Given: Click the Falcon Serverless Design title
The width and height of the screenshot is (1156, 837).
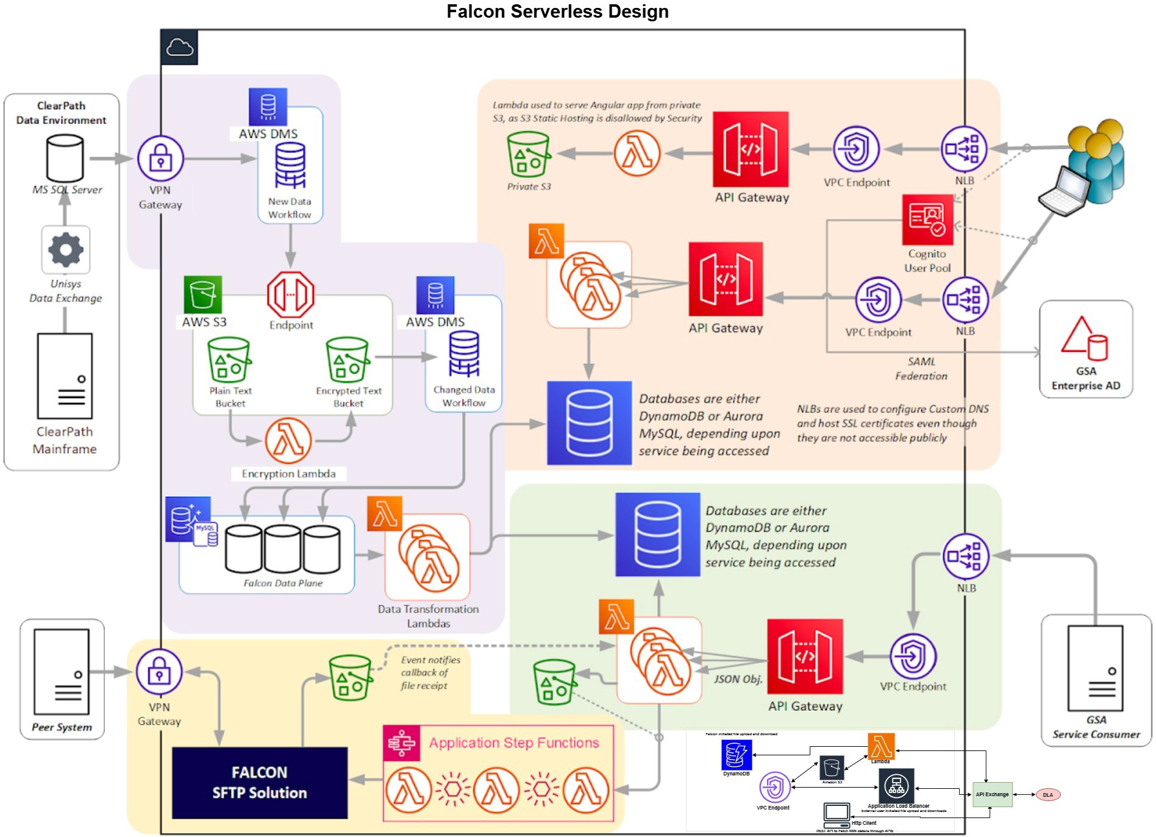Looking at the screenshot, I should [x=557, y=12].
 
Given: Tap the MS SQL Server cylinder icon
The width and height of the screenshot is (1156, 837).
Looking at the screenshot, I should [x=65, y=158].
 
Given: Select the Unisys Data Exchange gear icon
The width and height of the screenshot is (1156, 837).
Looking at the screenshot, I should [x=66, y=249].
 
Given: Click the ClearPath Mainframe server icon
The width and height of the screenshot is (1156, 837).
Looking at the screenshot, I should [x=65, y=376].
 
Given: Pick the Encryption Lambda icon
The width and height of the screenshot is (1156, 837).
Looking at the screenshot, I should [x=288, y=441].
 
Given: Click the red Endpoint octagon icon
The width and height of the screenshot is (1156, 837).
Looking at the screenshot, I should [x=290, y=294].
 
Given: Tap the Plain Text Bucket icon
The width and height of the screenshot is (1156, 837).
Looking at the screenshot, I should [x=229, y=360].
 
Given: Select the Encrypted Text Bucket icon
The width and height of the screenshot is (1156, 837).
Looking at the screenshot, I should [x=348, y=360].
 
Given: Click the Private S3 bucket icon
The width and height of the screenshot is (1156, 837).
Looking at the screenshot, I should [x=528, y=154].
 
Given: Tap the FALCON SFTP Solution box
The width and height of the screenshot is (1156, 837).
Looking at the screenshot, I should [x=260, y=782].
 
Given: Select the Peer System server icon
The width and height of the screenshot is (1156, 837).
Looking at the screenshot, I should [x=62, y=671].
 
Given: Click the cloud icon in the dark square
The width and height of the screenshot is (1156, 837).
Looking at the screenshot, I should [x=179, y=47].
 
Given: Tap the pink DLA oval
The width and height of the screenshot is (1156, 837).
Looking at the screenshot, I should [x=1047, y=795].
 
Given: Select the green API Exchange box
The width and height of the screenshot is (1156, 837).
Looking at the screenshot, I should [x=992, y=794].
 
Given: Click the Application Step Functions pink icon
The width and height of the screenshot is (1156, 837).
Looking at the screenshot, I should [x=401, y=743].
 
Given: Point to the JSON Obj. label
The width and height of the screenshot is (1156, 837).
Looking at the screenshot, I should [x=738, y=679].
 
